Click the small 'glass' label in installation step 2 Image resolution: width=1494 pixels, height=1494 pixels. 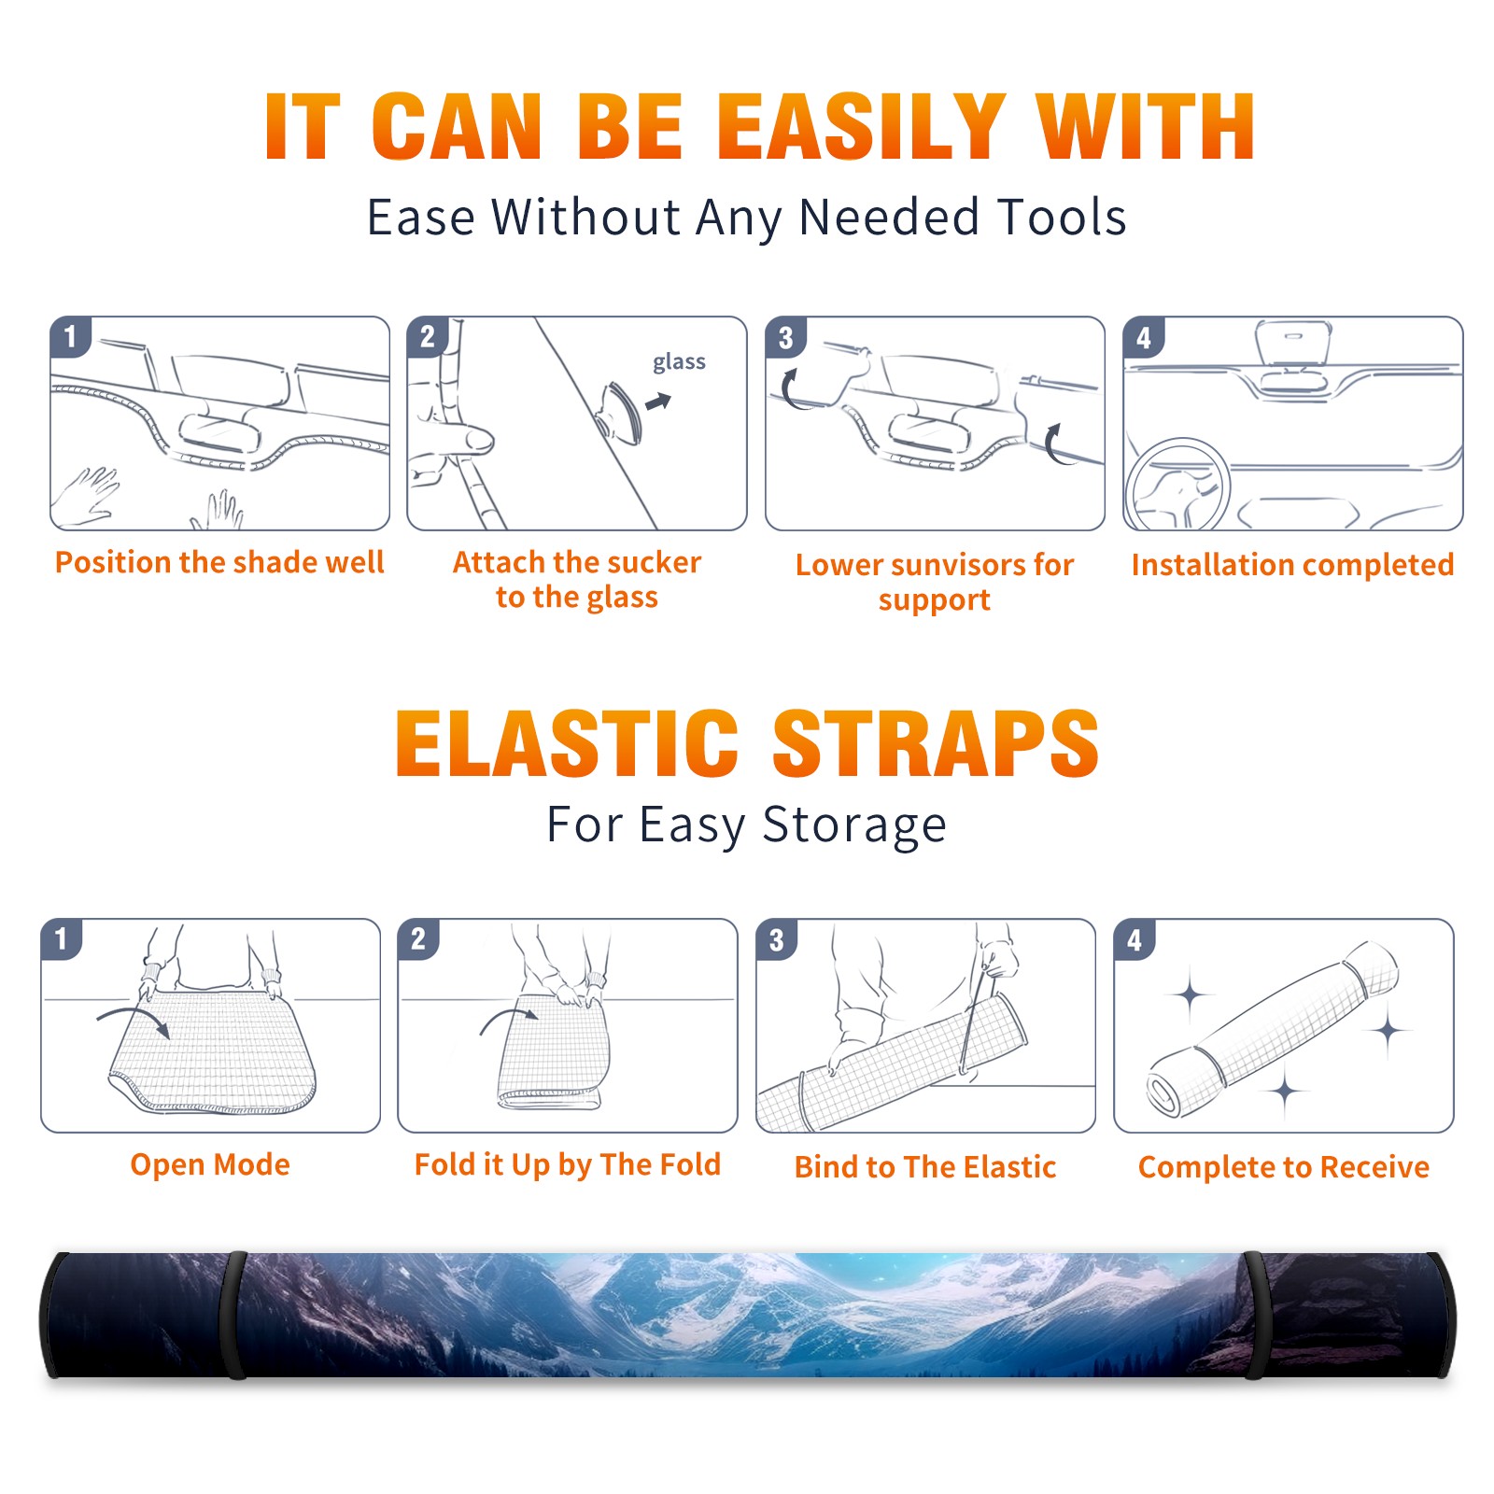[x=679, y=361]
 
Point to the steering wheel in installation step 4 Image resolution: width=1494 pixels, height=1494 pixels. [x=1177, y=485]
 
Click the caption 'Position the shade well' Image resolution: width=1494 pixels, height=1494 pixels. [x=219, y=562]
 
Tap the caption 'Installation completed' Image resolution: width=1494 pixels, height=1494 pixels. [x=1292, y=565]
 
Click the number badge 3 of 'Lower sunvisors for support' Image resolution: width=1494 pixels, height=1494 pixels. [x=785, y=337]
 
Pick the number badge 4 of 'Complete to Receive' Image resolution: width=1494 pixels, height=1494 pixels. [x=1135, y=939]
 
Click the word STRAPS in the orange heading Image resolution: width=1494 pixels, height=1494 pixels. [x=936, y=743]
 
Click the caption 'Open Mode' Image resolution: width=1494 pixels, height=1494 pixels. [x=210, y=1164]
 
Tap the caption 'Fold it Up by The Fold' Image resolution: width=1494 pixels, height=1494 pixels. [x=568, y=1165]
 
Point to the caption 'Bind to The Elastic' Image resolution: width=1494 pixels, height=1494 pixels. [x=925, y=1167]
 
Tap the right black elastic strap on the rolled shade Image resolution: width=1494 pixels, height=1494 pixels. [x=1256, y=1315]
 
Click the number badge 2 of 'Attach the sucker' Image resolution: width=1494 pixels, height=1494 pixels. [x=428, y=337]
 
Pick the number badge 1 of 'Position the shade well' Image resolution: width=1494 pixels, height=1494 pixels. [x=70, y=337]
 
